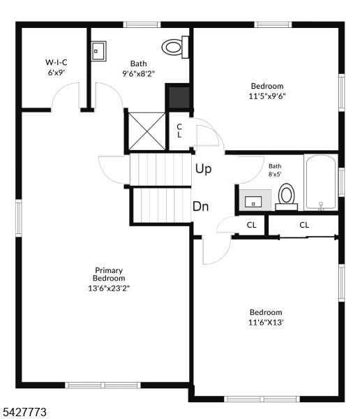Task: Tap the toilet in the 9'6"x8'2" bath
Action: point(172,47)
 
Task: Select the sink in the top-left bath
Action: point(98,51)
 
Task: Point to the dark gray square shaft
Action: point(177,97)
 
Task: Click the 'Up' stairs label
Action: point(203,169)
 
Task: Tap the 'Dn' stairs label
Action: point(202,207)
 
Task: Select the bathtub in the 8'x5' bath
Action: point(320,182)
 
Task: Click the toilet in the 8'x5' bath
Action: point(286,196)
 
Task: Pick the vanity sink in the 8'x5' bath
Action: point(253,202)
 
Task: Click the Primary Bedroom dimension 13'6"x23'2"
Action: point(109,286)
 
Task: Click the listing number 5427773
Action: point(24,413)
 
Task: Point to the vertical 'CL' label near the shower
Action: point(179,131)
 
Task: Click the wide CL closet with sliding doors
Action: point(304,225)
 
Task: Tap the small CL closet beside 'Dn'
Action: point(251,225)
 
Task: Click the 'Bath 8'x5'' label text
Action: point(274,170)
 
